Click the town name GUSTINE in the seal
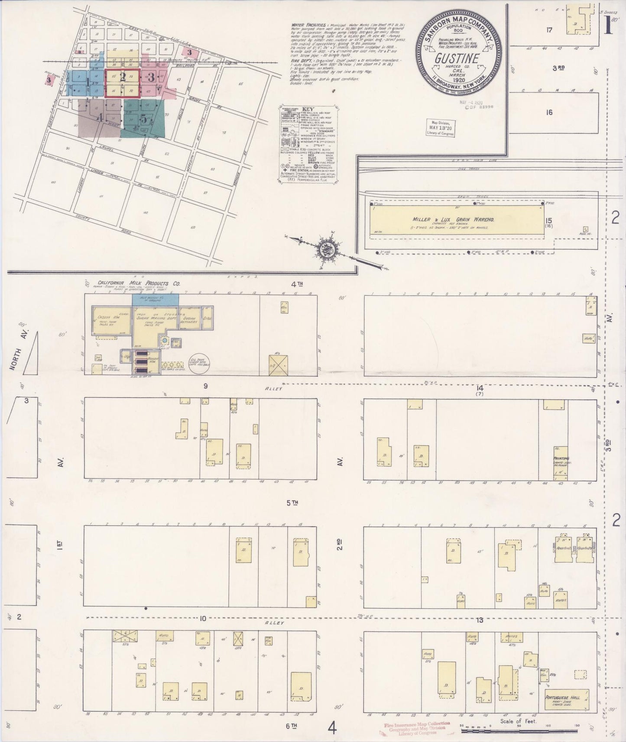457,58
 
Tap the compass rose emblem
326,249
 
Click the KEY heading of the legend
307,109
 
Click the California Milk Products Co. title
139,284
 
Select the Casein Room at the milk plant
105,319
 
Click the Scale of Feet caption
518,721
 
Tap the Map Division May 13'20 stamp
441,128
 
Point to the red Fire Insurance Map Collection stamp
416,728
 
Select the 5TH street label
292,503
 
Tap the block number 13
479,620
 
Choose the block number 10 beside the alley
202,618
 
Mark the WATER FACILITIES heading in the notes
310,26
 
